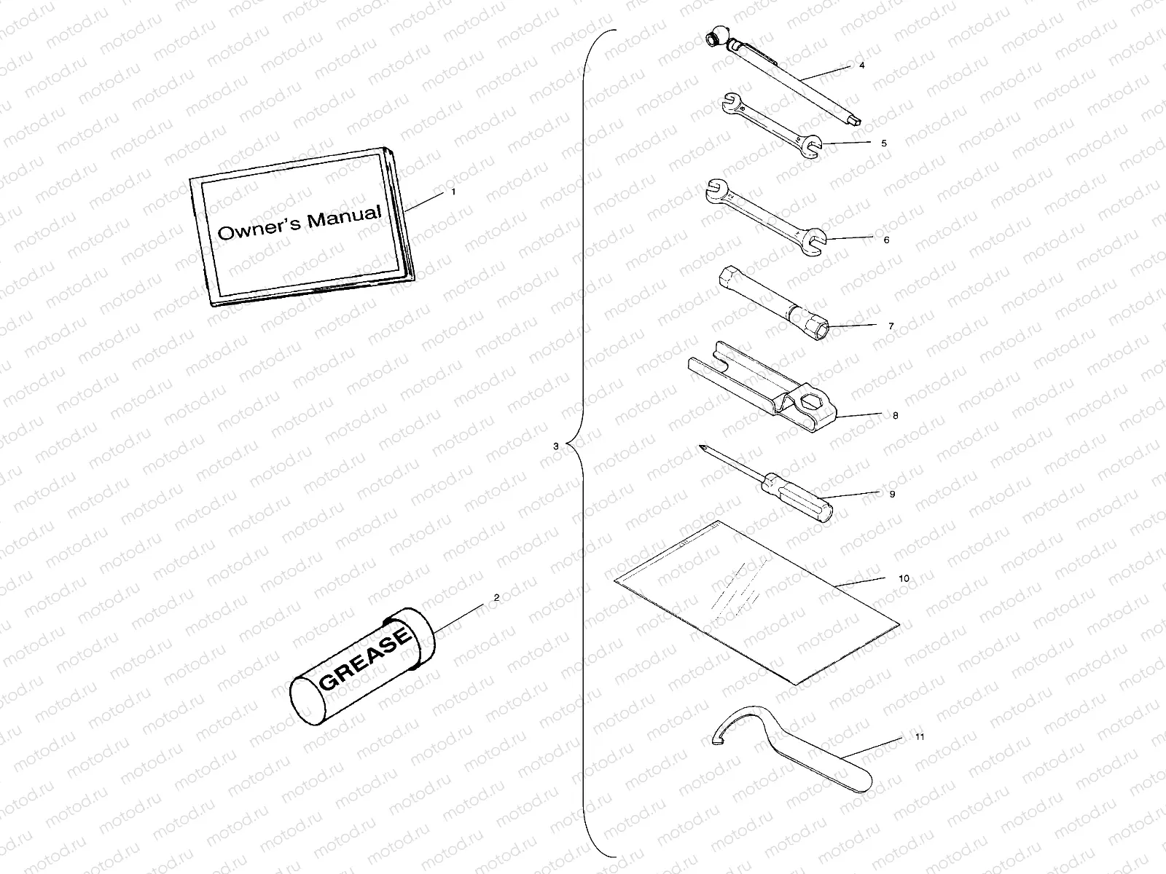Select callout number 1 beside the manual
pos(453,192)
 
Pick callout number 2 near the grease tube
pos(496,597)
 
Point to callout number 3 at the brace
pos(555,445)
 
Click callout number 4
pos(861,65)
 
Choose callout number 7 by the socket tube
pos(891,326)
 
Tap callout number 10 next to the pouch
pos(903,578)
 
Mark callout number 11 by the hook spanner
pos(919,737)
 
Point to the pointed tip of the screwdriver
pos(701,448)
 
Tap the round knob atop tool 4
pos(714,37)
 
